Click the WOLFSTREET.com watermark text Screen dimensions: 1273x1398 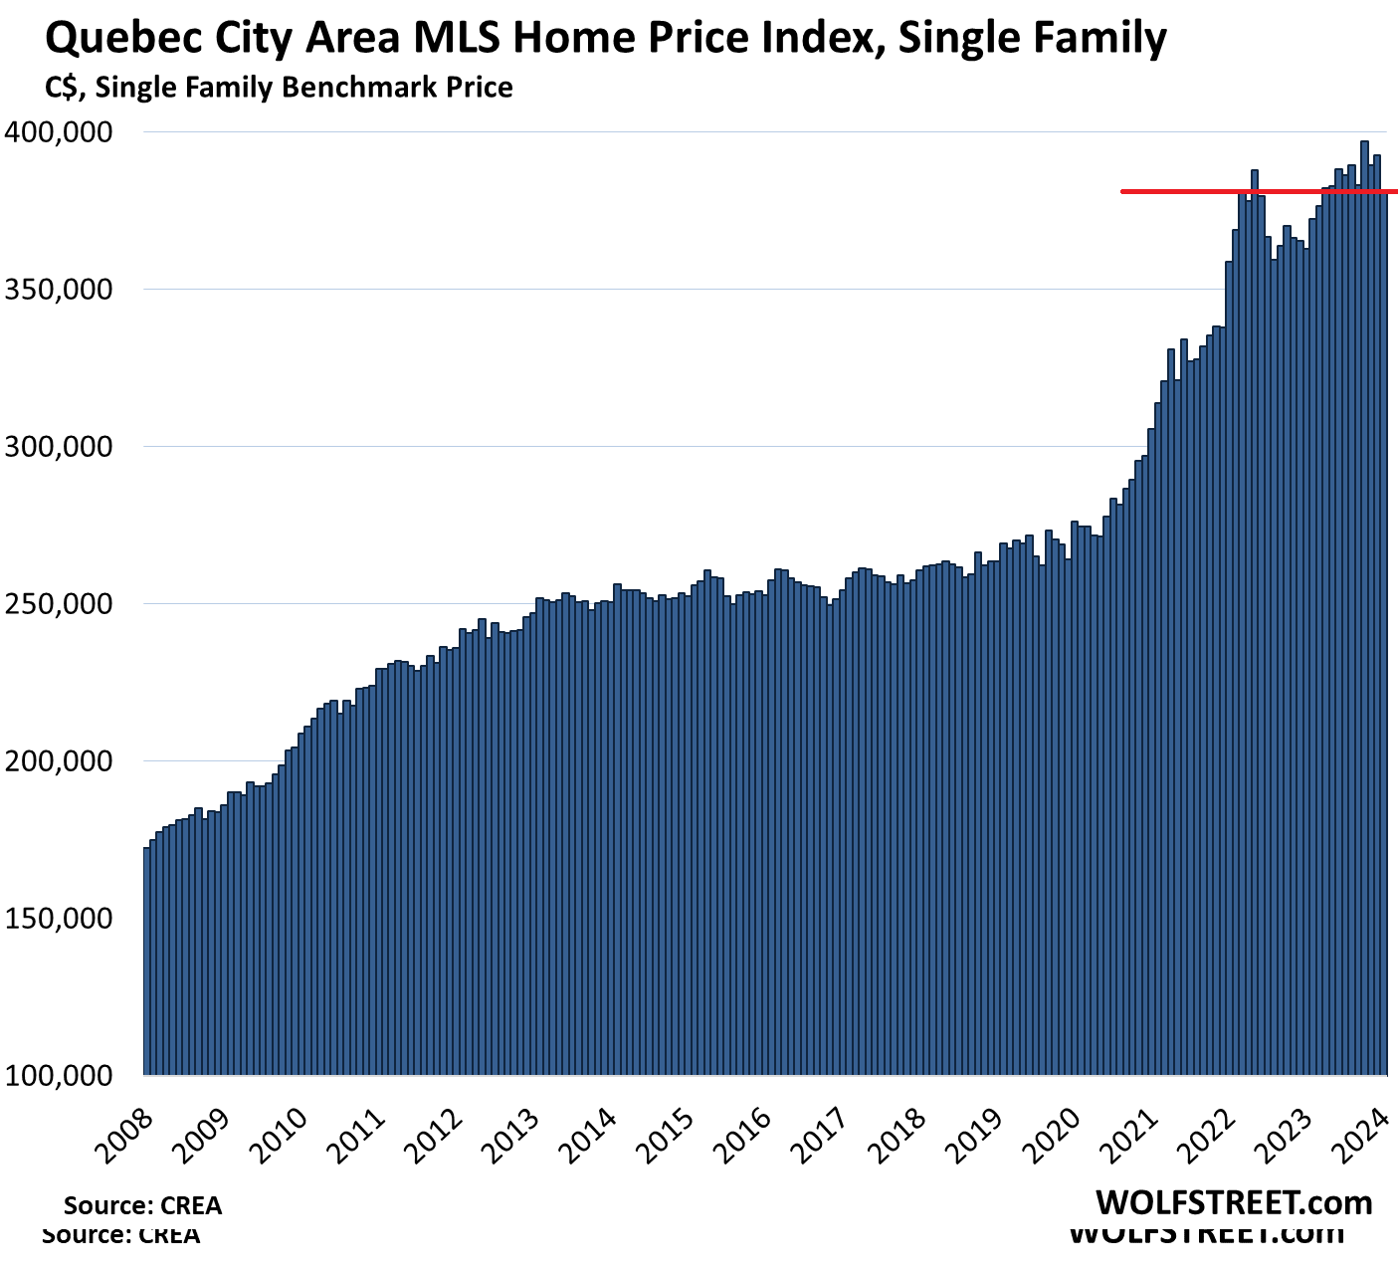(1234, 1203)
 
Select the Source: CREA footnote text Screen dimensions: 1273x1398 (142, 1205)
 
